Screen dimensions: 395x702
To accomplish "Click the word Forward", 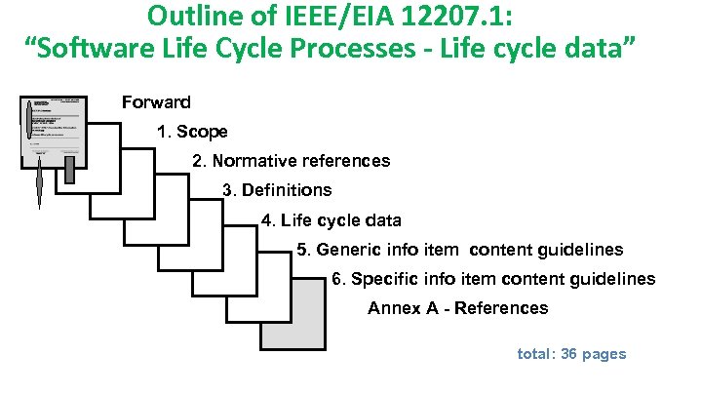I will tap(155, 102).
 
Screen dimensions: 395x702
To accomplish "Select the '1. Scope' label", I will tap(192, 132).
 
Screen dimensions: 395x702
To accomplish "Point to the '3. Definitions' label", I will tap(277, 190).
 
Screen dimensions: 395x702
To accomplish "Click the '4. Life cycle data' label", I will tap(331, 220).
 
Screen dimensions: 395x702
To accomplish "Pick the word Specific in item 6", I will tap(383, 279).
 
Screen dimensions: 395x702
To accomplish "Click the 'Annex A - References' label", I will tap(457, 308).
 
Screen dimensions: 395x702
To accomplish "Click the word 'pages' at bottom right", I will tap(604, 354).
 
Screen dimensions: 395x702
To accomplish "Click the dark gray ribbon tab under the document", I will tap(70, 171).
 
